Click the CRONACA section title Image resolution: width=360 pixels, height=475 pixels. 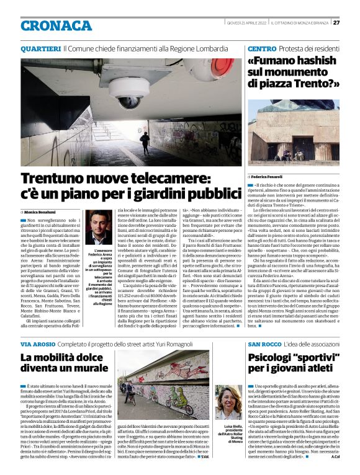coord(56,25)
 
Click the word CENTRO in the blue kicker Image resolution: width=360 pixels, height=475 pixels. coord(257,48)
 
